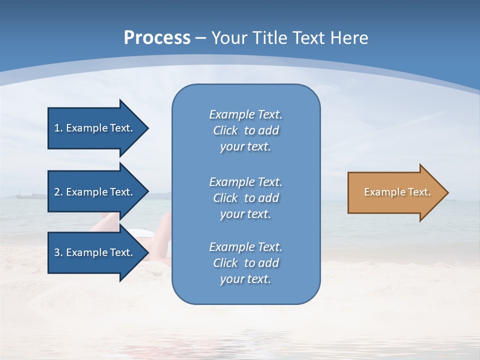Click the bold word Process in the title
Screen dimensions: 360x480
pyautogui.click(x=157, y=37)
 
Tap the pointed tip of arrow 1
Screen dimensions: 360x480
pyautogui.click(x=147, y=128)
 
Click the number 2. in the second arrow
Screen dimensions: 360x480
pyautogui.click(x=58, y=192)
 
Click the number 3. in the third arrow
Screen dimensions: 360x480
pyautogui.click(x=58, y=252)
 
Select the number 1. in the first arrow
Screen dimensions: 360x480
pyautogui.click(x=58, y=128)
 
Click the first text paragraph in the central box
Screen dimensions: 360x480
pyautogui.click(x=245, y=130)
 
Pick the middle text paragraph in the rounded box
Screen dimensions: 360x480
pyautogui.click(x=245, y=197)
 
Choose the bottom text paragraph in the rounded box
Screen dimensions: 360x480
pyautogui.click(x=245, y=263)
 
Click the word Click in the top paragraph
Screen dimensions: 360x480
pyautogui.click(x=225, y=130)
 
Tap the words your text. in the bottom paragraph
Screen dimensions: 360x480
pyautogui.click(x=245, y=279)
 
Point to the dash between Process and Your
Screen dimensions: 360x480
pyautogui.click(x=200, y=38)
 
